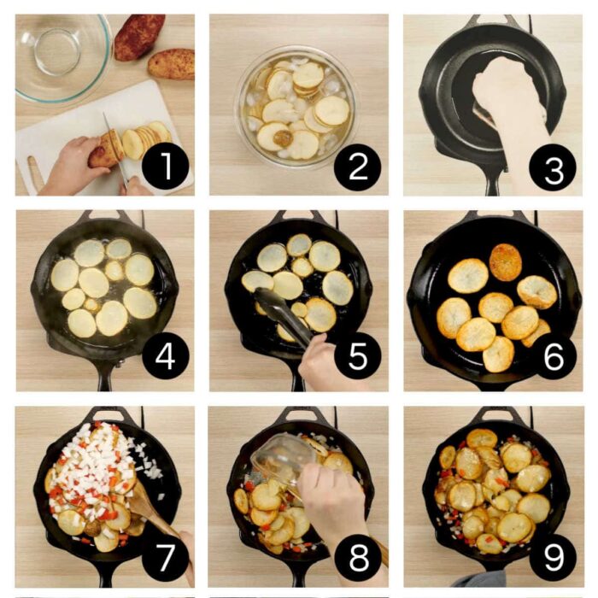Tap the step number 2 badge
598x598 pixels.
pyautogui.click(x=358, y=166)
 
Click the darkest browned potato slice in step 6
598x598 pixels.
pyautogui.click(x=505, y=261)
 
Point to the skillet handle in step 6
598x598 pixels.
pyautogui.click(x=494, y=380)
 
